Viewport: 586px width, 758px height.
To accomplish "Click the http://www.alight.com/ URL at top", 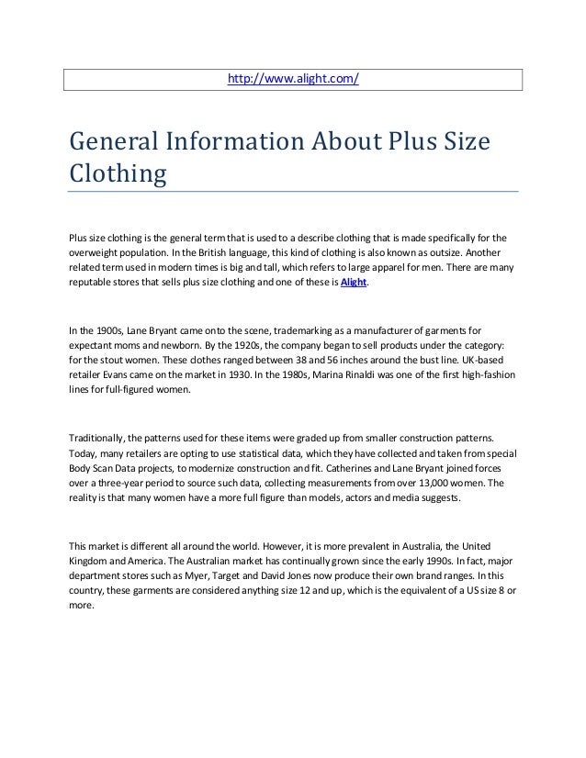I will click(x=293, y=79).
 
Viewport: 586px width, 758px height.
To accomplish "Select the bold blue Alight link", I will click(x=354, y=283).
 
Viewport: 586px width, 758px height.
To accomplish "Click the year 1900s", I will click(x=103, y=327).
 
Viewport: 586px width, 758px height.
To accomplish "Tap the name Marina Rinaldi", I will click(x=343, y=374).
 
